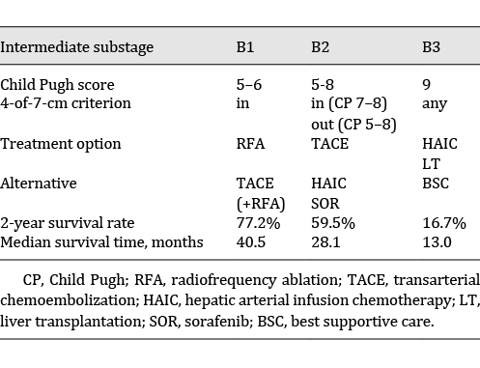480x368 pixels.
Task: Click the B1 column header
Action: (246, 47)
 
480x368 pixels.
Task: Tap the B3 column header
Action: (433, 47)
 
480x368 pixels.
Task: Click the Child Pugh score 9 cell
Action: (427, 85)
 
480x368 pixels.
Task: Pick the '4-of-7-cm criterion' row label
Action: (66, 102)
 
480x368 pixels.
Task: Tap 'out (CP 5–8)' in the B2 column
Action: (352, 122)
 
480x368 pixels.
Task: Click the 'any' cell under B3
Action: (434, 102)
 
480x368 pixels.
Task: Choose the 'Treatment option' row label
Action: (61, 144)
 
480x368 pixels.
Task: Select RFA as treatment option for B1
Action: (251, 144)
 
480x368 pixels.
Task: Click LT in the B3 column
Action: (431, 162)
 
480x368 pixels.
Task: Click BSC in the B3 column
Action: (436, 182)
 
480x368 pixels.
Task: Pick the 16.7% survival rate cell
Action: (444, 222)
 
